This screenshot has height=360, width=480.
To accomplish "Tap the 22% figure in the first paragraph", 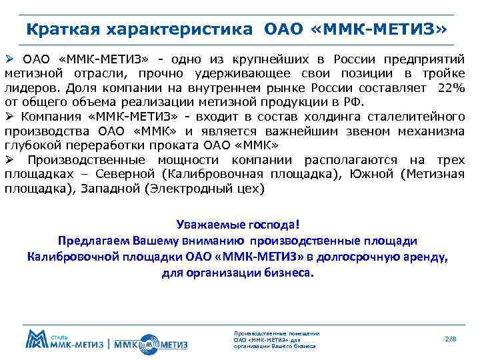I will [x=451, y=89].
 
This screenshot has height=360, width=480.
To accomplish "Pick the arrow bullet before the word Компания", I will [x=9, y=116].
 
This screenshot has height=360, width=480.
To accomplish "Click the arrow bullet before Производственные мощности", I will [x=9, y=160].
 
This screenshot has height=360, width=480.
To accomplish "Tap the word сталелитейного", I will [x=417, y=117].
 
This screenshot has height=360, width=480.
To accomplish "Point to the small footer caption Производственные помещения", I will [x=277, y=333].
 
